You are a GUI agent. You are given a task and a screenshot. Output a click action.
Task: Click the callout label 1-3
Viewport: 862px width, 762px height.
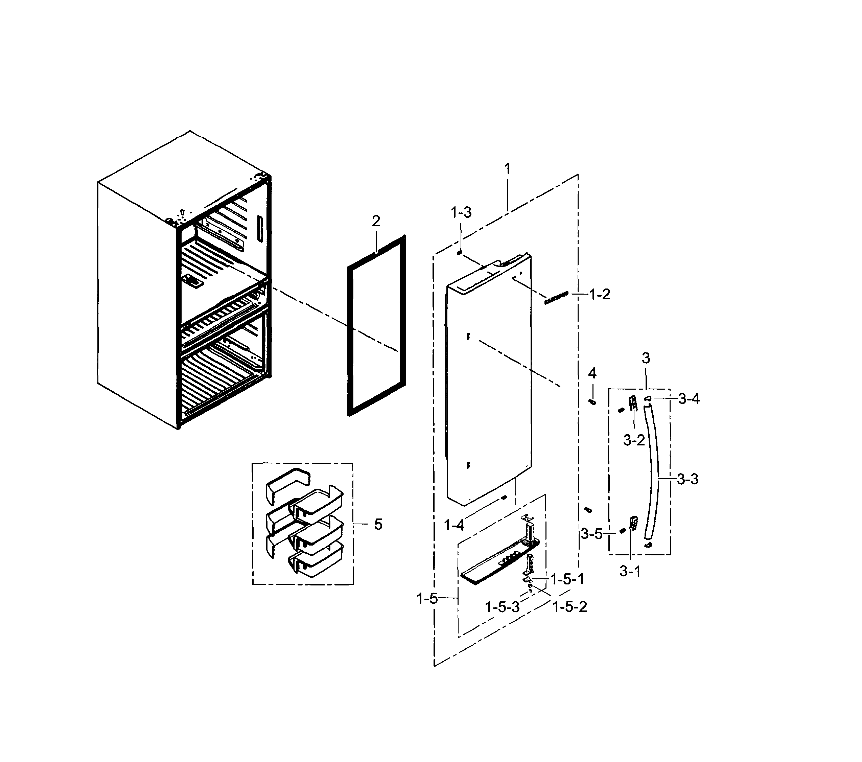(461, 212)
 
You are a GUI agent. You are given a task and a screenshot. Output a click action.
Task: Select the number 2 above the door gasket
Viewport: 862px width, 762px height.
(376, 221)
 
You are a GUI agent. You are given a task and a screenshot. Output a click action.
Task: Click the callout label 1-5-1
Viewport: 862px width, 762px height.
(567, 579)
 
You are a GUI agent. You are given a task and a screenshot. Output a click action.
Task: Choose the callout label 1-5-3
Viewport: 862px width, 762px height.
(502, 607)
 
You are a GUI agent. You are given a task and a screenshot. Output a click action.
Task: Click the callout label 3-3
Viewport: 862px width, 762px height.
(688, 479)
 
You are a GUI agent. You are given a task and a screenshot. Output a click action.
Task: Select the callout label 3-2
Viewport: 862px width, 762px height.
(634, 440)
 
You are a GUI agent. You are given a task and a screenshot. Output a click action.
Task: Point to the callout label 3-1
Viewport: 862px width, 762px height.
(630, 571)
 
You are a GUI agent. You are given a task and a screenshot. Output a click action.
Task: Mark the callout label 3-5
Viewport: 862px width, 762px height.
(592, 534)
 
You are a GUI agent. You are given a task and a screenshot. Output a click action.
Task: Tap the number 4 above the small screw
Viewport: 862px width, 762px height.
(592, 373)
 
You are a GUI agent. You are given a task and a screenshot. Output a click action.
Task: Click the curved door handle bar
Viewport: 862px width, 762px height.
(655, 472)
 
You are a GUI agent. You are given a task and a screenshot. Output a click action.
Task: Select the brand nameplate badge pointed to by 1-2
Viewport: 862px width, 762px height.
(556, 297)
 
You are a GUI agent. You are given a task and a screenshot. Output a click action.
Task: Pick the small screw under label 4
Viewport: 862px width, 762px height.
(592, 402)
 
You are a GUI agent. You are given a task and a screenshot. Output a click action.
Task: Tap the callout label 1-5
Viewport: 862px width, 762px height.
(427, 598)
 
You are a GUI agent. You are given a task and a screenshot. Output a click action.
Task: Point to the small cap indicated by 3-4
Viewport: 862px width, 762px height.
(647, 398)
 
